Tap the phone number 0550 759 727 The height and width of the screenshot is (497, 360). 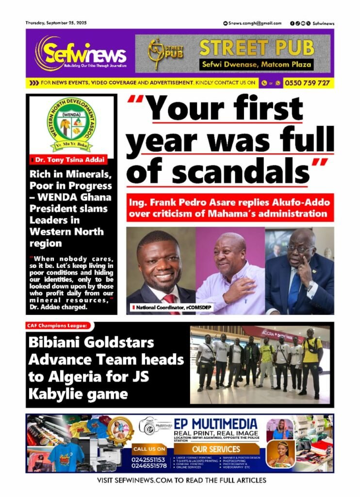pyautogui.click(x=307, y=83)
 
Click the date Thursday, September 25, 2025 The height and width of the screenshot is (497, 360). pyautogui.click(x=56, y=23)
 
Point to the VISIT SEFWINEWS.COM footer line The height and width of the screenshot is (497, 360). pyautogui.click(x=180, y=480)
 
